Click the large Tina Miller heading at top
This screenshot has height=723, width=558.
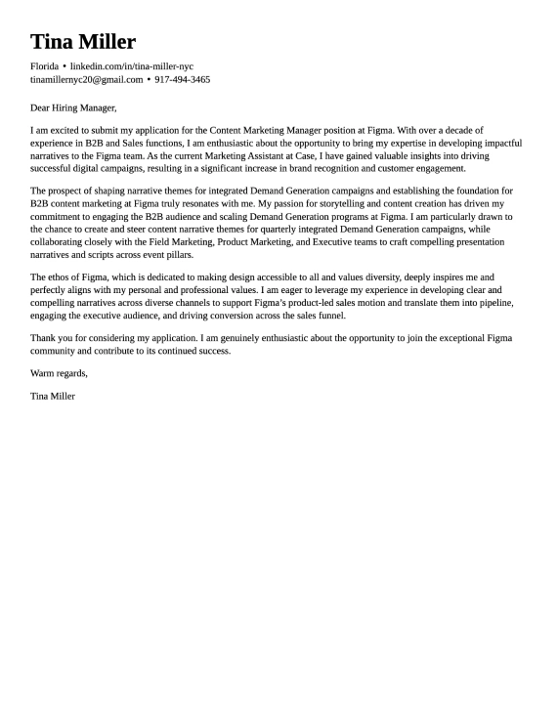pos(83,42)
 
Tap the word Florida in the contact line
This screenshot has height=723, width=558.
pos(44,65)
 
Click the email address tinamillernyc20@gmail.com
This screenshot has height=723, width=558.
pos(86,79)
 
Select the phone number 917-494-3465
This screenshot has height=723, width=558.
pos(182,79)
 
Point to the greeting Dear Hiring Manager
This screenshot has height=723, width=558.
pos(73,107)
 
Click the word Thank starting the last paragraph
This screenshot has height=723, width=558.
pos(43,338)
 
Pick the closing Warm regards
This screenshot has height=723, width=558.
pos(59,373)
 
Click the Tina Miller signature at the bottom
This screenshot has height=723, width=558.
pos(53,396)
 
